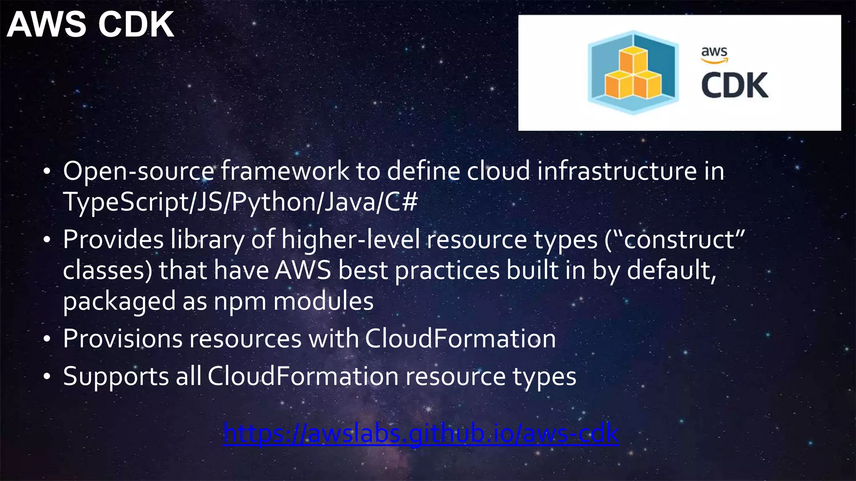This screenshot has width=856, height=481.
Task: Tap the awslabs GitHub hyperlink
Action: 420,433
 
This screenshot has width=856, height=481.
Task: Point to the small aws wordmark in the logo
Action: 714,53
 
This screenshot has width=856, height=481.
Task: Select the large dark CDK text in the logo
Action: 734,86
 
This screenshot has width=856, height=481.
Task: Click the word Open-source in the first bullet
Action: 138,171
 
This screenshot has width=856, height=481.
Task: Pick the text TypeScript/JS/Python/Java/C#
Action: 240,202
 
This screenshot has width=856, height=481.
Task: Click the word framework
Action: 285,171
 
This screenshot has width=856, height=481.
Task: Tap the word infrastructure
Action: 617,171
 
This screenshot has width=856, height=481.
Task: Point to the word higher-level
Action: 350,240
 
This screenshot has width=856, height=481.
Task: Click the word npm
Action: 240,302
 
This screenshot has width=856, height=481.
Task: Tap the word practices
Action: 447,271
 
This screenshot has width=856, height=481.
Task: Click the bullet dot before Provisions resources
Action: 47,339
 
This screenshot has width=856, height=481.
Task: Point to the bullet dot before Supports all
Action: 47,377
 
